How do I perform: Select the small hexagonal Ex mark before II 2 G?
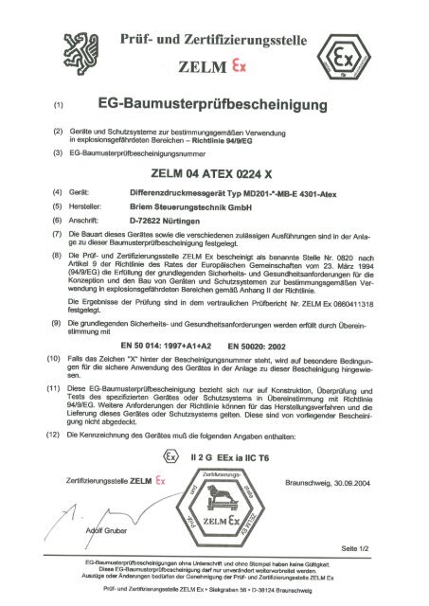170,457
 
